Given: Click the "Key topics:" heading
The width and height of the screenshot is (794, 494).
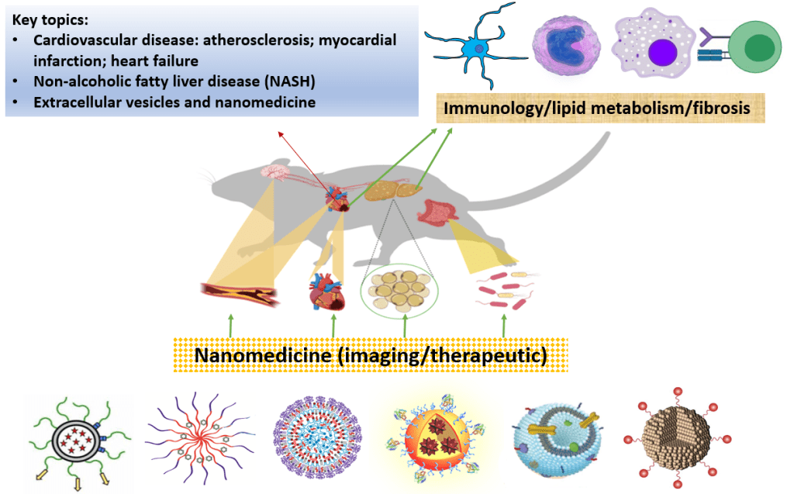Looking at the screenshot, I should tap(50, 20).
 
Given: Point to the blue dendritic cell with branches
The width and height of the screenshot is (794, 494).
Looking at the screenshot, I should tap(474, 48).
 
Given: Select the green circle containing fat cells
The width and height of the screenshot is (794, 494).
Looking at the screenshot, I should tap(399, 292).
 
